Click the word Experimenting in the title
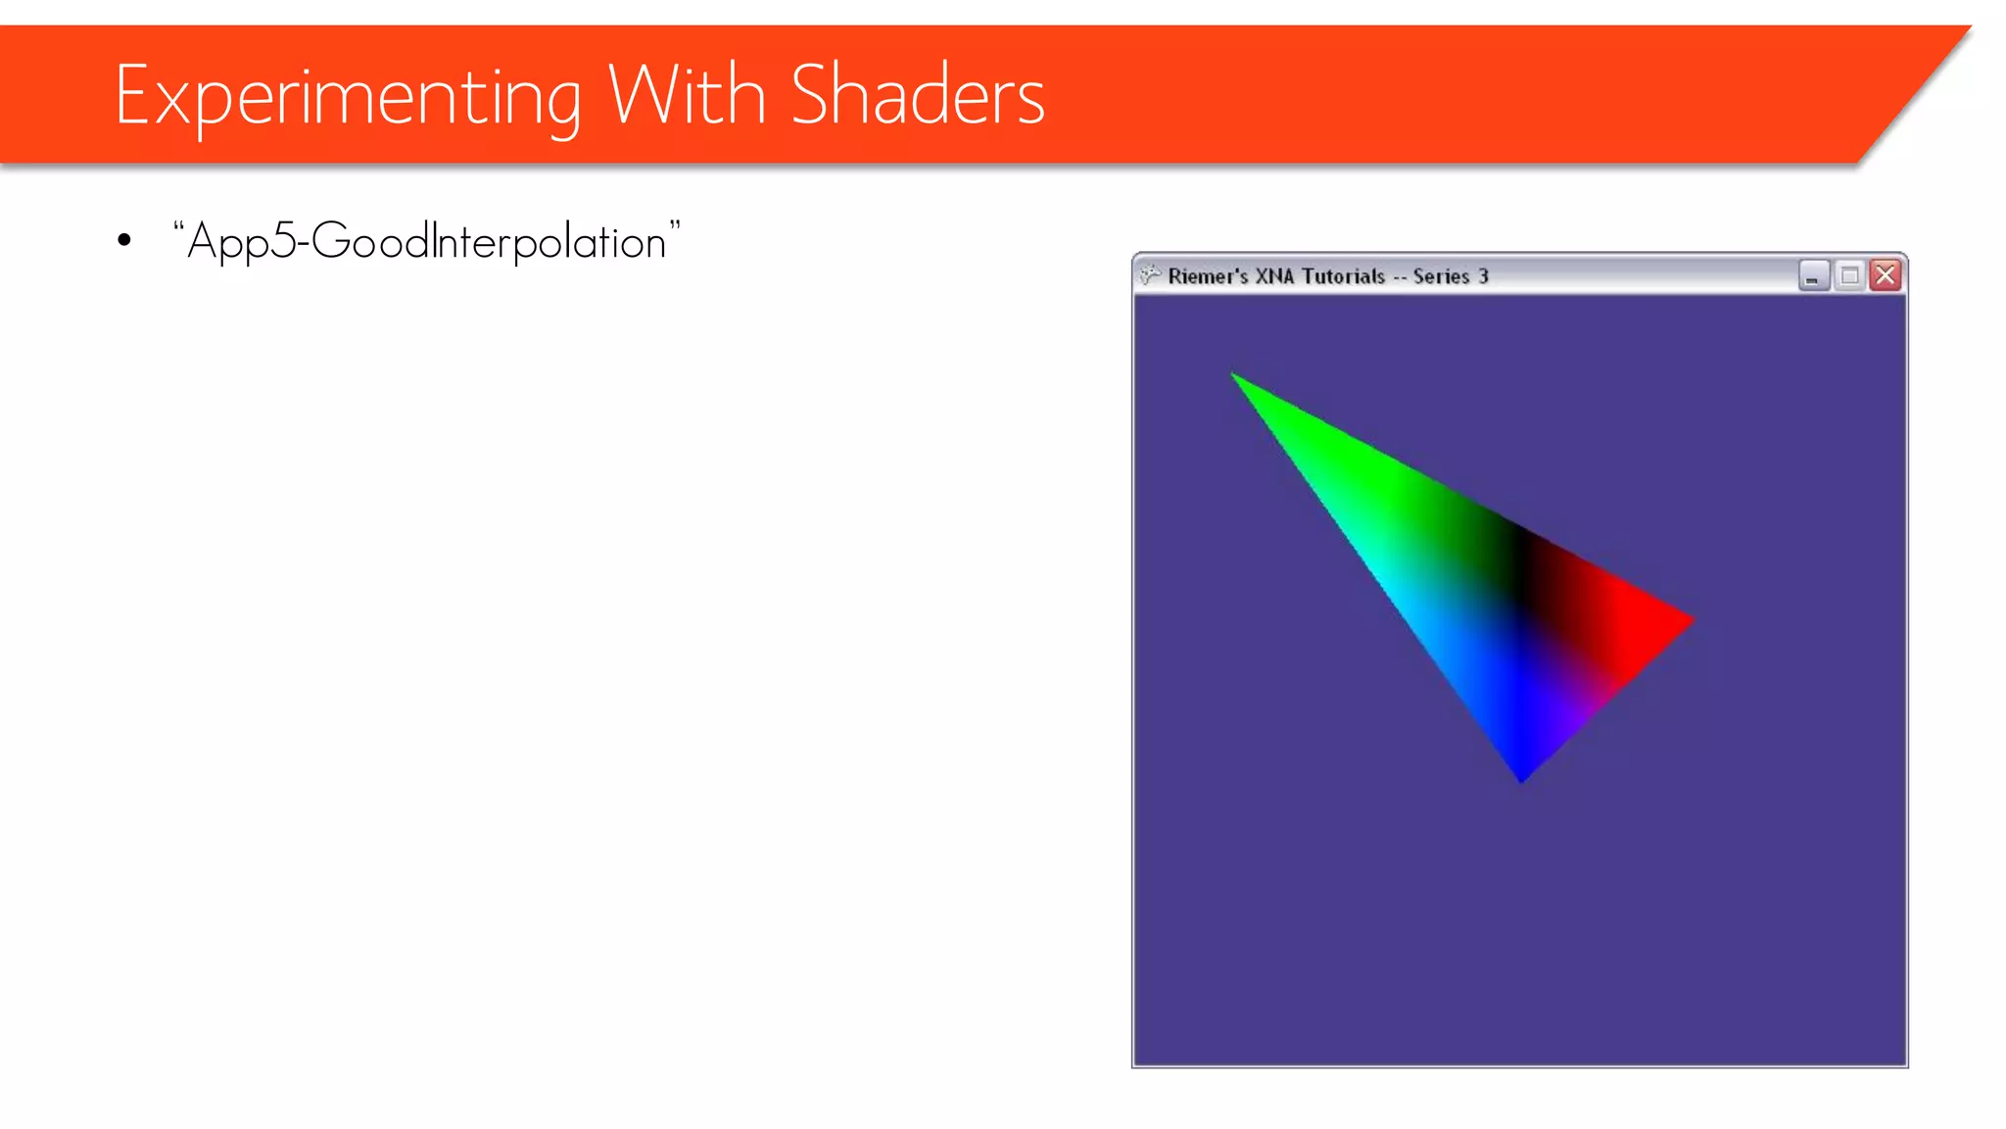click(x=348, y=96)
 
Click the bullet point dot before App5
click(x=124, y=240)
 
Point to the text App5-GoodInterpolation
click(x=427, y=241)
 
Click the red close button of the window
click(x=1885, y=275)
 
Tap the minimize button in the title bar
click(x=1814, y=275)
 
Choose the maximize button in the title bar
click(x=1849, y=275)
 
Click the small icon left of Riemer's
click(x=1150, y=275)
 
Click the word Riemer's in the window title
click(x=1208, y=276)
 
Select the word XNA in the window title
click(x=1274, y=276)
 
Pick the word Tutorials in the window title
click(x=1343, y=276)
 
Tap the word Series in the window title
click(x=1441, y=276)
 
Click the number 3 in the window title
click(x=1484, y=276)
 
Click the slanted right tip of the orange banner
click(x=1949, y=44)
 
